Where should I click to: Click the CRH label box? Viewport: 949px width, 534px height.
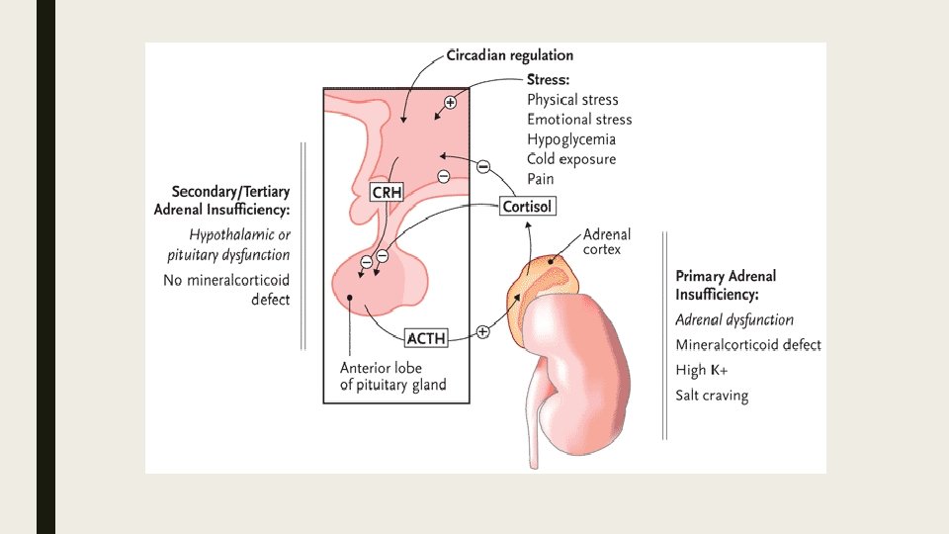tap(387, 192)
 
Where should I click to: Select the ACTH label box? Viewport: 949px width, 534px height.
tap(427, 338)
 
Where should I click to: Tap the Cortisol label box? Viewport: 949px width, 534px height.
tap(527, 207)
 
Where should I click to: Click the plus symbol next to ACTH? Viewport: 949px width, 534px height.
tap(482, 332)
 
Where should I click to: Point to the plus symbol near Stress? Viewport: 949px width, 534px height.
tap(450, 102)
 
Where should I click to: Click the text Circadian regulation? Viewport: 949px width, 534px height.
tap(510, 55)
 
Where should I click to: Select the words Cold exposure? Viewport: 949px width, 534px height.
tap(570, 159)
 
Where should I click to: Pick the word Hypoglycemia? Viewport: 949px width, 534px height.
tap(570, 139)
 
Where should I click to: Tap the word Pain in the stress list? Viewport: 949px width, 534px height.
tap(541, 179)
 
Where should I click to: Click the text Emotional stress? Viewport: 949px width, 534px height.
tap(579, 120)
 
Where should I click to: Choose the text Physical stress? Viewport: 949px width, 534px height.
tap(572, 100)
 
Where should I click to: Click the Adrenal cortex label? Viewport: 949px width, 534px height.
tap(606, 242)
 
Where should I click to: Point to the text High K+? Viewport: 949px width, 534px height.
tap(702, 370)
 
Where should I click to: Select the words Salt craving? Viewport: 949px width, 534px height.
tap(712, 396)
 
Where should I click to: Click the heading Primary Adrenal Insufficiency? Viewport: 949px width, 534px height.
tap(726, 285)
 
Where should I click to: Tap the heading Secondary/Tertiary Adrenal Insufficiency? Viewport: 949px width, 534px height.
tap(222, 200)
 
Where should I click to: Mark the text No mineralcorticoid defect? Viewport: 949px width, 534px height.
tap(226, 289)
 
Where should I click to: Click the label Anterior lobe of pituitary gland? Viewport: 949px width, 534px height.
tap(392, 376)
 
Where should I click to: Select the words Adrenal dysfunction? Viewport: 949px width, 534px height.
tap(734, 319)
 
